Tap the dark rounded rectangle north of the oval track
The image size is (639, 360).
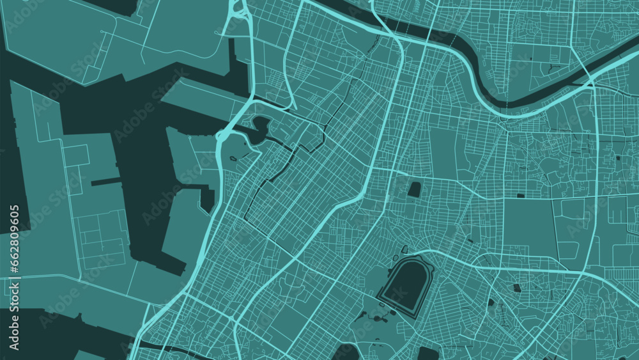(x=415, y=189)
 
